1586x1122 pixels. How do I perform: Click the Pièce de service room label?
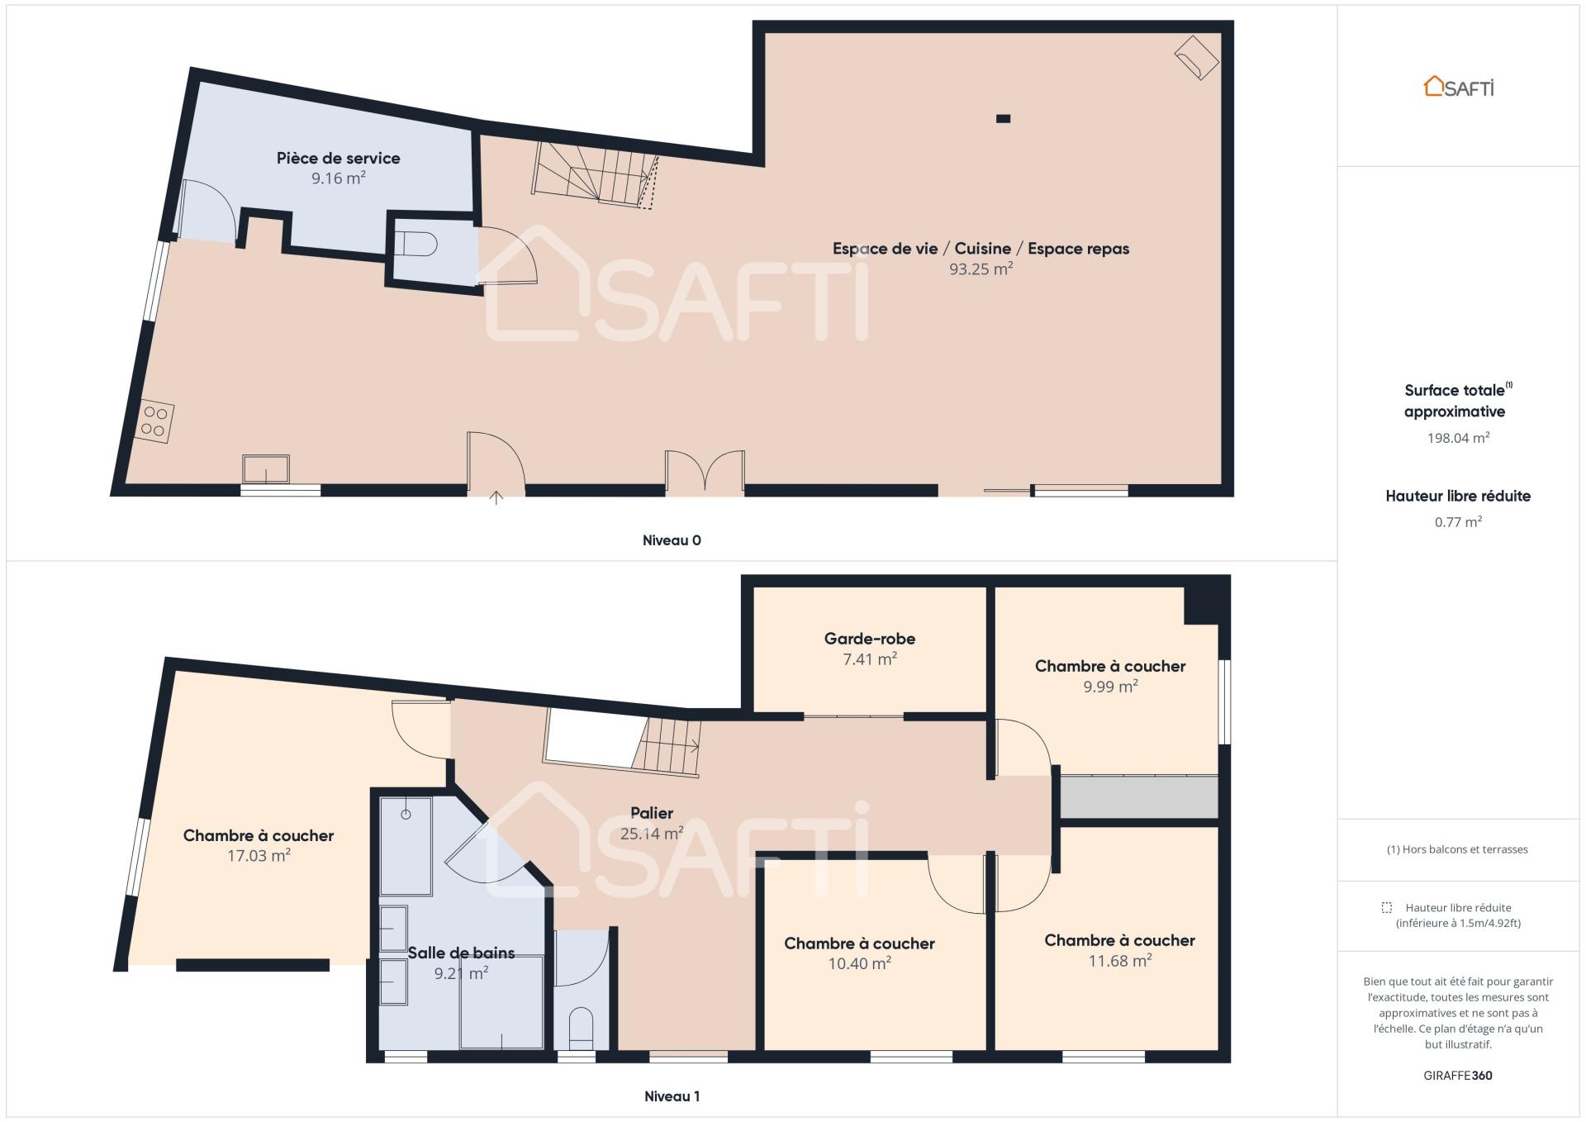pyautogui.click(x=338, y=158)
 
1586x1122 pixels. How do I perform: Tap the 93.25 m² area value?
pyautogui.click(x=981, y=269)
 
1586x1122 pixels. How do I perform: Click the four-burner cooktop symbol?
pyautogui.click(x=154, y=421)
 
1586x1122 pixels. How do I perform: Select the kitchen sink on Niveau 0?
pyautogui.click(x=266, y=468)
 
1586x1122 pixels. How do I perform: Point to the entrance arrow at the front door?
pyautogui.click(x=496, y=497)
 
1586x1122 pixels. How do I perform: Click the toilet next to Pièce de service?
pyautogui.click(x=416, y=245)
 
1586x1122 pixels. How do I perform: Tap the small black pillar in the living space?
pyautogui.click(x=1003, y=118)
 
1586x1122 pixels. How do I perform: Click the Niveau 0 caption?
pyautogui.click(x=672, y=540)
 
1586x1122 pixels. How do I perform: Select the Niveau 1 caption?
pyautogui.click(x=672, y=1096)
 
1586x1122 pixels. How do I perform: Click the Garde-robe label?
pyautogui.click(x=870, y=639)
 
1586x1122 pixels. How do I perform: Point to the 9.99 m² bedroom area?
pyautogui.click(x=1110, y=686)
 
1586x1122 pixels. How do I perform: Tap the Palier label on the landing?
pyautogui.click(x=652, y=813)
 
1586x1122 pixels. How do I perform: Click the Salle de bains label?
pyautogui.click(x=461, y=953)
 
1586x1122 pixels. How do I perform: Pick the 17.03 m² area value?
pyautogui.click(x=259, y=855)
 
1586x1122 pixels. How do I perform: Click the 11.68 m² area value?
pyautogui.click(x=1119, y=960)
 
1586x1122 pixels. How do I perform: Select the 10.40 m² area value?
pyautogui.click(x=859, y=963)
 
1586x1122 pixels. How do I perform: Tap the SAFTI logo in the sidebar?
pyautogui.click(x=1459, y=87)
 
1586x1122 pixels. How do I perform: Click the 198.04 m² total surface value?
pyautogui.click(x=1458, y=438)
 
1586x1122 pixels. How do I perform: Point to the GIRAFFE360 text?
pyautogui.click(x=1458, y=1076)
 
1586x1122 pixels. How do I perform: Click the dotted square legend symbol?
pyautogui.click(x=1386, y=907)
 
